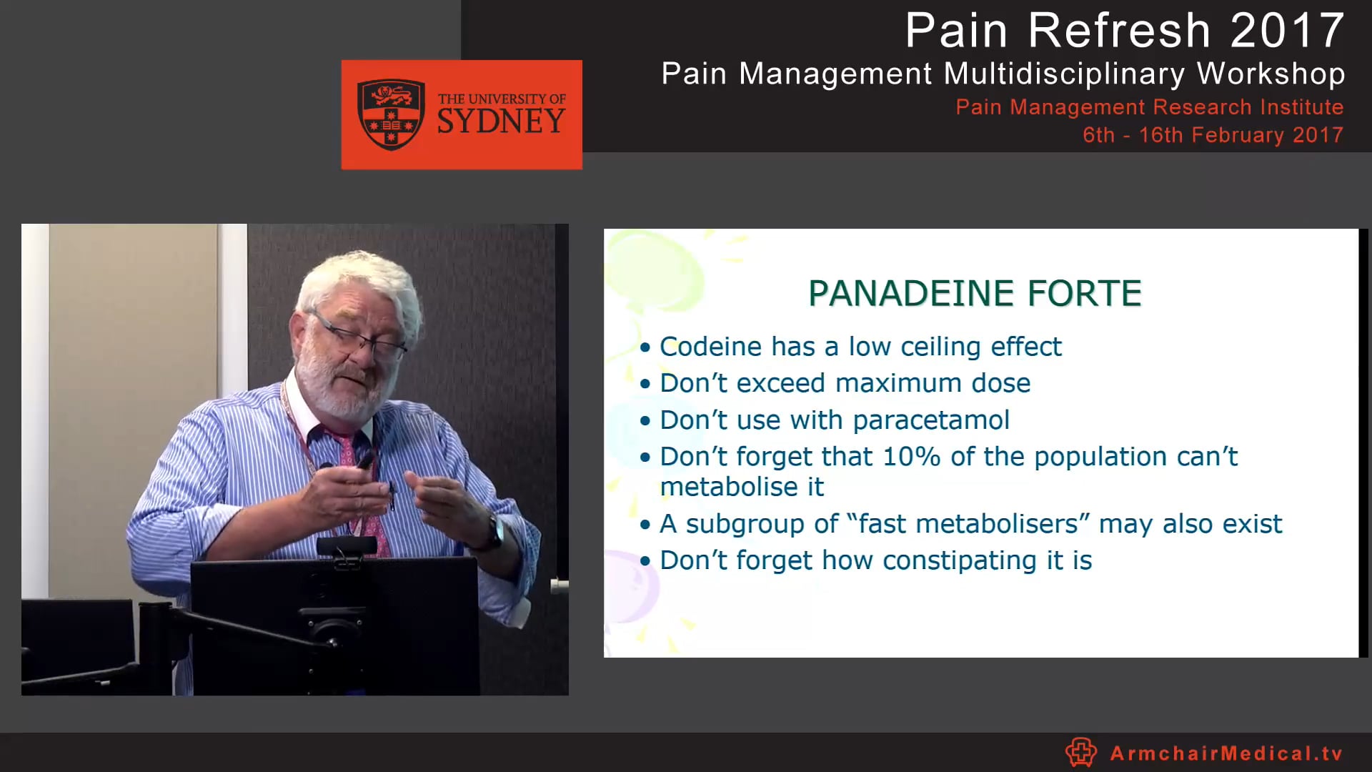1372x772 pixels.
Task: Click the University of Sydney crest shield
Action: (391, 114)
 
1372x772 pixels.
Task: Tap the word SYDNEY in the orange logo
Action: (501, 122)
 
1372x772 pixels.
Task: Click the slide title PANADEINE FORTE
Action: (975, 293)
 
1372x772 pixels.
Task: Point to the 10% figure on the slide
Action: (911, 457)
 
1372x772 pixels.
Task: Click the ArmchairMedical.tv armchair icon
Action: (1080, 752)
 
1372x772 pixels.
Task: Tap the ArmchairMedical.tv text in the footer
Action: (1226, 753)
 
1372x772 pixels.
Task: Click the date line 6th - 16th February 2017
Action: (1213, 135)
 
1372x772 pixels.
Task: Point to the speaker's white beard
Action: (336, 390)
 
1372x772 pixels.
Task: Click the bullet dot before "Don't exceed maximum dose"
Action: (646, 384)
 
